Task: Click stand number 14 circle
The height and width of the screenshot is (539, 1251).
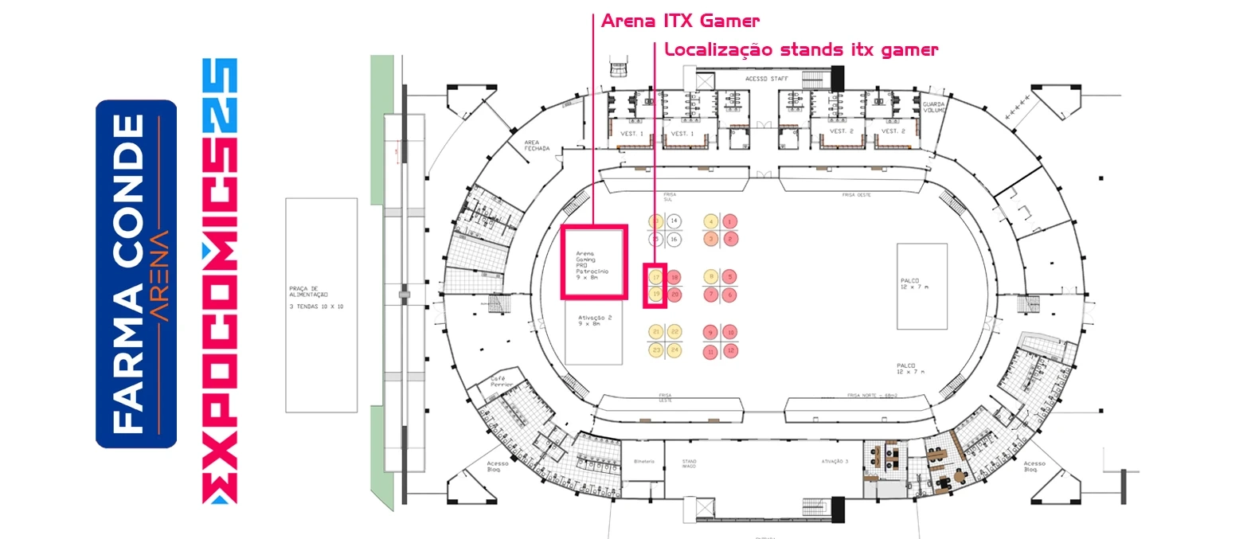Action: pos(674,221)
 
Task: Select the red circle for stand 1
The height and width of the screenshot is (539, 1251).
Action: pos(729,221)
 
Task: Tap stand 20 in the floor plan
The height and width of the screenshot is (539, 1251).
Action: pos(674,295)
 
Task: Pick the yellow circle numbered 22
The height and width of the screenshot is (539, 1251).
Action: pos(674,332)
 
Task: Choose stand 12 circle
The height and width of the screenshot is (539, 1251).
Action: pos(729,350)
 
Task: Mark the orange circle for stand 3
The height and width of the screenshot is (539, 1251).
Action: pos(712,239)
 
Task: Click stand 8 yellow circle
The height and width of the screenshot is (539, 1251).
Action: pos(712,277)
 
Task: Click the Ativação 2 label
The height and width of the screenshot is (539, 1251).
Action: pos(595,320)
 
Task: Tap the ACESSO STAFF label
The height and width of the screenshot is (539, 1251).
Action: pos(766,79)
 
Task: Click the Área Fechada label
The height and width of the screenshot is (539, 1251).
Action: pos(537,146)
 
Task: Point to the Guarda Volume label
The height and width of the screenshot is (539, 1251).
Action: pos(933,107)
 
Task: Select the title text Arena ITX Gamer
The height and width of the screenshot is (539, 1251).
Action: pos(680,21)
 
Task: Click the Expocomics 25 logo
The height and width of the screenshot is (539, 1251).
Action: pos(220,280)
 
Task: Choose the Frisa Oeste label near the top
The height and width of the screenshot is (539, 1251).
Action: pos(856,195)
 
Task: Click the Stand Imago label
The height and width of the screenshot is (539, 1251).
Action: pos(689,463)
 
